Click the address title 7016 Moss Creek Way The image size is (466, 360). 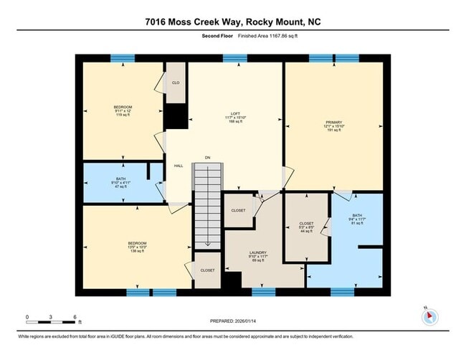232,22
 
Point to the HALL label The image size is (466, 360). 179,166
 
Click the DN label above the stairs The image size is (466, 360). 208,157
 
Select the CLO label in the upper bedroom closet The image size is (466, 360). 176,83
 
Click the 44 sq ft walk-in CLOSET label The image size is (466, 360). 306,227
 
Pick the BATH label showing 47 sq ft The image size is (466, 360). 120,184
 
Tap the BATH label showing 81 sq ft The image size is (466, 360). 356,220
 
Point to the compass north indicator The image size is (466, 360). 427,316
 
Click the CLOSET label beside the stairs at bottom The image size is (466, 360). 207,270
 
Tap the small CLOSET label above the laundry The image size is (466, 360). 239,210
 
